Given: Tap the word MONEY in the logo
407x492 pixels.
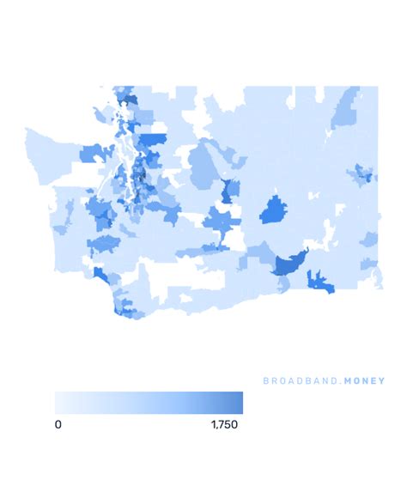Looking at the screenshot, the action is coord(363,381).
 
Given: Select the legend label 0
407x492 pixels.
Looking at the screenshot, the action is coord(58,424).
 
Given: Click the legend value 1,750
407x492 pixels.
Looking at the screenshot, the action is coord(226,424).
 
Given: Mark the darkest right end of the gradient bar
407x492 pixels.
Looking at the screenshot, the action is coord(240,403).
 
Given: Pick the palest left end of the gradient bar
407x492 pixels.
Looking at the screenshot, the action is coord(58,403).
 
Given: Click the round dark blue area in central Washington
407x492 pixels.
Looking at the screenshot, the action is coord(274,209).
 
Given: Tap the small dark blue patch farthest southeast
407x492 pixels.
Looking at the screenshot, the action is coord(320,280).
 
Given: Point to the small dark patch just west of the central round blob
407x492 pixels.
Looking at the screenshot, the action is coord(228,191).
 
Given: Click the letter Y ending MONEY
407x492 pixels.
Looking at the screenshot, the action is coord(382,381).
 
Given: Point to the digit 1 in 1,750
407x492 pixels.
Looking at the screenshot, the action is coord(210,424).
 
